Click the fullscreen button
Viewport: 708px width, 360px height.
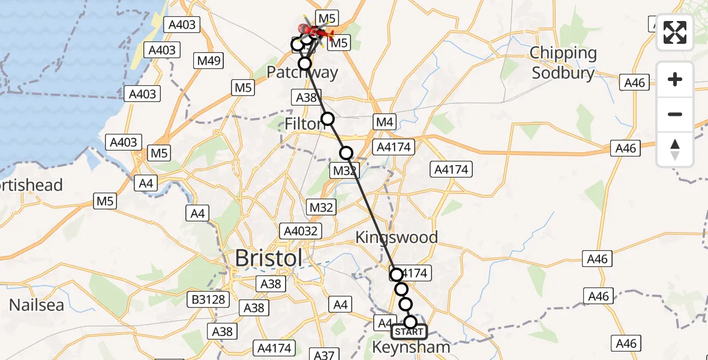click(x=675, y=32)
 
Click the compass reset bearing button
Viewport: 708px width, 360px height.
click(x=675, y=149)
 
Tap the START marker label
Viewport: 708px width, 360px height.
click(x=409, y=332)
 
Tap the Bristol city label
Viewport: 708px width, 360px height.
click(x=268, y=259)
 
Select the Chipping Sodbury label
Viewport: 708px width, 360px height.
click(x=563, y=63)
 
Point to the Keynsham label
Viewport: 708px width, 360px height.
click(x=411, y=347)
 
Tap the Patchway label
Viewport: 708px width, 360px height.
click(x=302, y=73)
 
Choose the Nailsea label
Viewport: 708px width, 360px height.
click(x=37, y=305)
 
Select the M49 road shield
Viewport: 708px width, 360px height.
click(x=210, y=61)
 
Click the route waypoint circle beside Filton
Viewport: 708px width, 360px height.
click(x=328, y=119)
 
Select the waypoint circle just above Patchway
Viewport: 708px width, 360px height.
click(x=305, y=63)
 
